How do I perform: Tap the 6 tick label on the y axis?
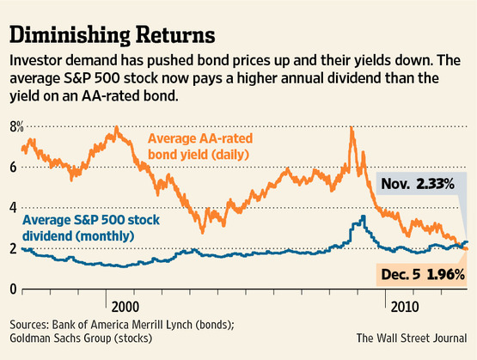coord(13,167)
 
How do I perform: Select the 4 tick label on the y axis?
coord(13,207)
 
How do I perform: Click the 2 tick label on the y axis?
coord(13,247)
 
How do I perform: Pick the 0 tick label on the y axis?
coord(13,288)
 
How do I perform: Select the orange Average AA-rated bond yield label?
coord(199,146)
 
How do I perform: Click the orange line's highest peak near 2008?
coord(351,128)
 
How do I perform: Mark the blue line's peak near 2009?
coord(363,217)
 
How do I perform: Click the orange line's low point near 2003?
coord(203,230)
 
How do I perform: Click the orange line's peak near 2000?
coord(116,129)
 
